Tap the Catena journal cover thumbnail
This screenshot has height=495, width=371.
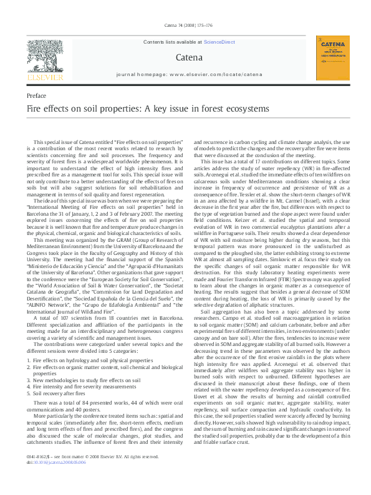[x=332, y=57]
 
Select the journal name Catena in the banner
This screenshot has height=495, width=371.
[x=185, y=57]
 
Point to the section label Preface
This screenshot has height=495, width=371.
[x=37, y=95]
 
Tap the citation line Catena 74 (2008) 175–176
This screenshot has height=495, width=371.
[x=185, y=26]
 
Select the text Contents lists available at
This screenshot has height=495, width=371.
[x=173, y=41]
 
